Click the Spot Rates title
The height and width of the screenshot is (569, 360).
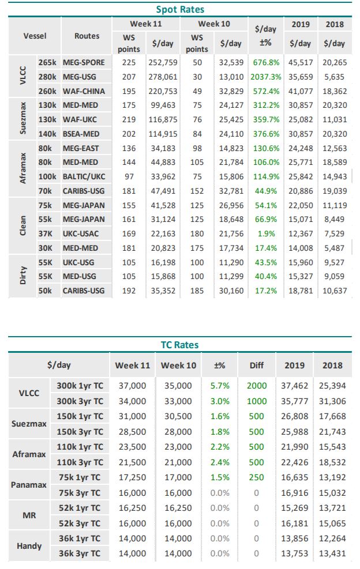click(x=180, y=9)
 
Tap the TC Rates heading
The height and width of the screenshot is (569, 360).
click(x=180, y=345)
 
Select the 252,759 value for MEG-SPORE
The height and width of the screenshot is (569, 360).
click(x=163, y=62)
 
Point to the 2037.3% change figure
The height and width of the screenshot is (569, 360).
click(x=266, y=77)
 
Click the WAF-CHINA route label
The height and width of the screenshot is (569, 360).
click(x=84, y=91)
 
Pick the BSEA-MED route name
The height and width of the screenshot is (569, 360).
click(x=81, y=134)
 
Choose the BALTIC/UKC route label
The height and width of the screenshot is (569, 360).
click(x=84, y=177)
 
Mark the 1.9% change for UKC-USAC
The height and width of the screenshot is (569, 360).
click(x=267, y=233)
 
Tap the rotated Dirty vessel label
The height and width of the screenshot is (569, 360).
click(x=23, y=276)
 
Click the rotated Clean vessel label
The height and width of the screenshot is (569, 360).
click(x=23, y=226)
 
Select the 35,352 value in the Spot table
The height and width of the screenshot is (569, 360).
click(x=163, y=291)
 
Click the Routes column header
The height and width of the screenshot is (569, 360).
click(x=87, y=36)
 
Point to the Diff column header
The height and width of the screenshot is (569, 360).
click(x=257, y=365)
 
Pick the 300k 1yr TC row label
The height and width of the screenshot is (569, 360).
click(x=80, y=386)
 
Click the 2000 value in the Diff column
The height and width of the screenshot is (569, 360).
click(x=257, y=386)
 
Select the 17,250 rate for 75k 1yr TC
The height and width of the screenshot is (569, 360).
click(x=132, y=477)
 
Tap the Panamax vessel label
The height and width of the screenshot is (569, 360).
click(x=29, y=485)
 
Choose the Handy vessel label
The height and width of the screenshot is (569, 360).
click(x=29, y=546)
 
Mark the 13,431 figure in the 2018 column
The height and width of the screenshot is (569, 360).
click(x=332, y=554)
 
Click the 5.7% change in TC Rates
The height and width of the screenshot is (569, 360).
click(x=220, y=386)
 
